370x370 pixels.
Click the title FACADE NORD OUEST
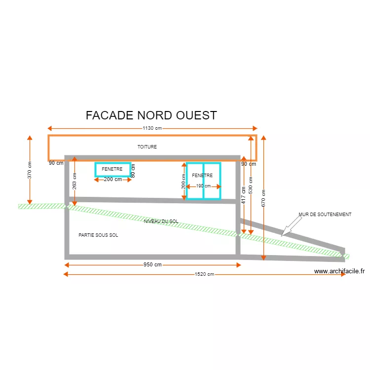click(151, 115)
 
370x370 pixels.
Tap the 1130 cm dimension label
click(152, 128)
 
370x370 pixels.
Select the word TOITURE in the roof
click(147, 147)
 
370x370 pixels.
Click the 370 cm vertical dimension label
click(30, 170)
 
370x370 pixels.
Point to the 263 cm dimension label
click(74, 182)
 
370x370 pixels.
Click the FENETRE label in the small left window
click(112, 169)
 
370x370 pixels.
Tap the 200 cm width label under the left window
click(113, 180)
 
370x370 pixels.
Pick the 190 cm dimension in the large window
click(203, 186)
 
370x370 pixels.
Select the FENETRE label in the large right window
click(202, 175)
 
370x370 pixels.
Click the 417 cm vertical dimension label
click(244, 195)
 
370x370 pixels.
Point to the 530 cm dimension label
click(251, 185)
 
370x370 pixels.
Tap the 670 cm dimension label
click(264, 198)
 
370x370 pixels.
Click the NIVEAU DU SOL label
click(161, 222)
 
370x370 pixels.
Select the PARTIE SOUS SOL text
click(98, 235)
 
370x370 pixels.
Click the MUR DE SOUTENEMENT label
click(325, 215)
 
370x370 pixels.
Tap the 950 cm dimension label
click(152, 265)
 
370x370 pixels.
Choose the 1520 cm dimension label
click(204, 274)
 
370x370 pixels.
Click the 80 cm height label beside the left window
click(133, 170)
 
